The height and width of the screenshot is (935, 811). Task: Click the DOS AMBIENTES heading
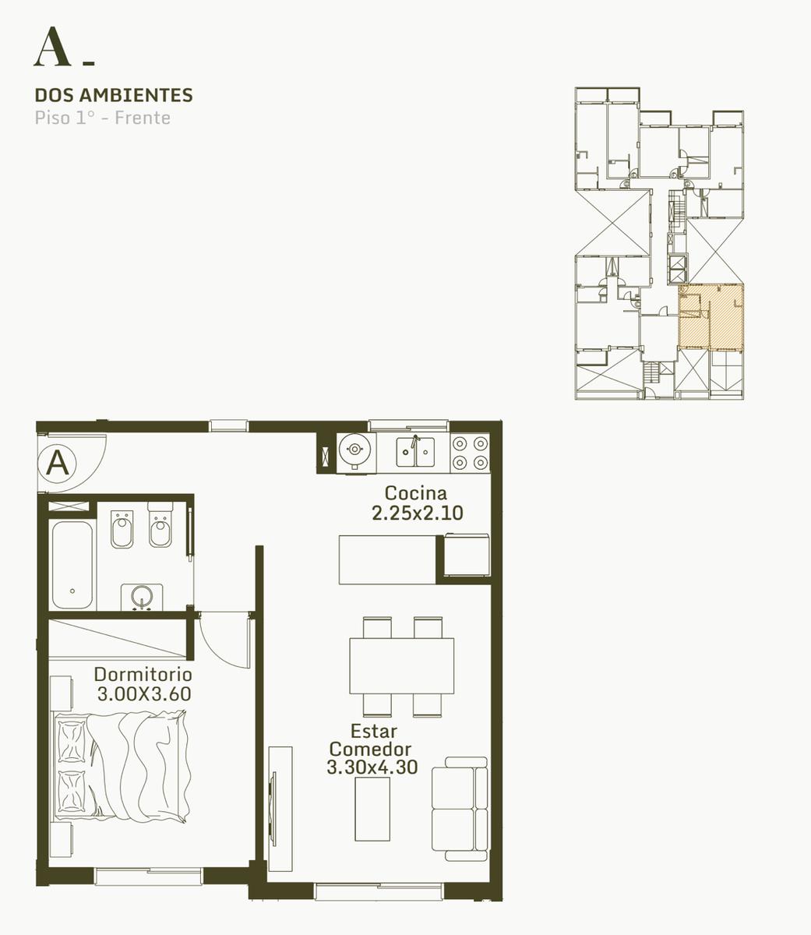(114, 95)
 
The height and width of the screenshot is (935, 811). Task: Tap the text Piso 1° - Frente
(102, 118)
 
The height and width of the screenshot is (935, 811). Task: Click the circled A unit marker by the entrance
(58, 464)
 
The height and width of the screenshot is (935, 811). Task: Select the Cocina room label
(416, 493)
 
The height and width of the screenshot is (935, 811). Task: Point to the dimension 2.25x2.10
(417, 513)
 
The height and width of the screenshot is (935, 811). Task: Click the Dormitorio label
(143, 674)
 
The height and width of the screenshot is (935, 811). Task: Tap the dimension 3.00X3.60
(144, 693)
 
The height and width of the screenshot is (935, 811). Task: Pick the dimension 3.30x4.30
(372, 767)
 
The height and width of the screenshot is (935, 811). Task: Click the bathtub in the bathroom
(72, 565)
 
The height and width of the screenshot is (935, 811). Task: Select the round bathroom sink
(142, 596)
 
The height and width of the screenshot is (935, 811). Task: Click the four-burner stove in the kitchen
(470, 453)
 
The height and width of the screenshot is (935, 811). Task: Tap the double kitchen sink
(415, 452)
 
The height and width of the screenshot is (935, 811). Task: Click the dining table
(402, 667)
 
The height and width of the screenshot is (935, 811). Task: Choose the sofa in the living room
(460, 810)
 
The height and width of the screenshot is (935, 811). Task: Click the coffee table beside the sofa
(372, 810)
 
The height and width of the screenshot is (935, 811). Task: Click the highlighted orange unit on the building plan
(711, 316)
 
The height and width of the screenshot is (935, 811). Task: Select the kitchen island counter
(387, 559)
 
